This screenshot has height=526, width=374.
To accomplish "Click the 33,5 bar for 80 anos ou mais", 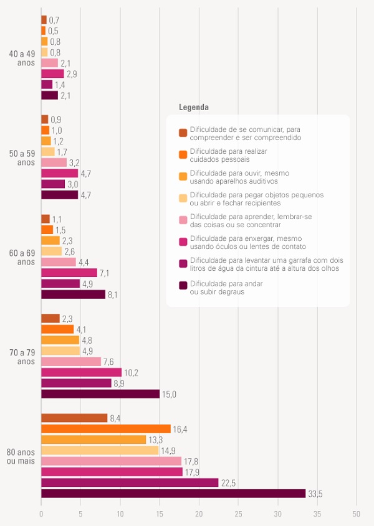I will [x=173, y=494].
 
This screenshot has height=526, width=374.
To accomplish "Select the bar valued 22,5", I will [x=130, y=482].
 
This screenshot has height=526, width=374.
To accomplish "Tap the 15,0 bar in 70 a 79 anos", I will [x=100, y=394].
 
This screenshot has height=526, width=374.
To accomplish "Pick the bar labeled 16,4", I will [x=106, y=429].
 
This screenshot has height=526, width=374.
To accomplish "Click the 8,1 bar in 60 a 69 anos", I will [x=73, y=294].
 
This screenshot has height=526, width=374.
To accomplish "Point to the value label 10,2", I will [x=131, y=373].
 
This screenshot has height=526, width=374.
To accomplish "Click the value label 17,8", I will [x=191, y=461].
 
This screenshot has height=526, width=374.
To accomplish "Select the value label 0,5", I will [x=53, y=31].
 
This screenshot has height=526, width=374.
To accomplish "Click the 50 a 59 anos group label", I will [x=22, y=157].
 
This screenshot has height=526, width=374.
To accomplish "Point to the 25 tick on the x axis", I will [x=238, y=514].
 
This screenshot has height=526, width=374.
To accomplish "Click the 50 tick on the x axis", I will [x=356, y=514].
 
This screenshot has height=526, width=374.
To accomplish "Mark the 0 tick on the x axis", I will [x=41, y=514].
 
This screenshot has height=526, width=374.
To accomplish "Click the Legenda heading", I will [x=193, y=107].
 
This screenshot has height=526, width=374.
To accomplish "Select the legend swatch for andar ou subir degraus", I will [x=183, y=286].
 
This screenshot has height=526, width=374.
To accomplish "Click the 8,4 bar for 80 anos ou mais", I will [x=74, y=418].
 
